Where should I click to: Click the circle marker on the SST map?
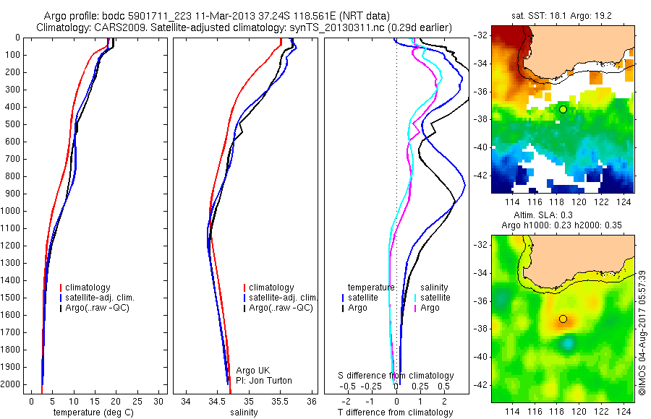(x=563, y=109)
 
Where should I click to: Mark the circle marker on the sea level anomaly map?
(x=563, y=319)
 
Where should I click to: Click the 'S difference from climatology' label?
(x=396, y=376)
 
